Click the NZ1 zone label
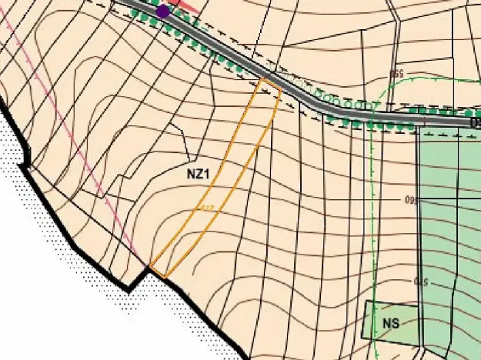[199, 174]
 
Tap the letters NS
[390, 323]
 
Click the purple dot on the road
[162, 12]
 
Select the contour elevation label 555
[396, 75]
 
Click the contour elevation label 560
[409, 201]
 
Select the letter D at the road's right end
[474, 122]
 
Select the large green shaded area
[450, 231]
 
